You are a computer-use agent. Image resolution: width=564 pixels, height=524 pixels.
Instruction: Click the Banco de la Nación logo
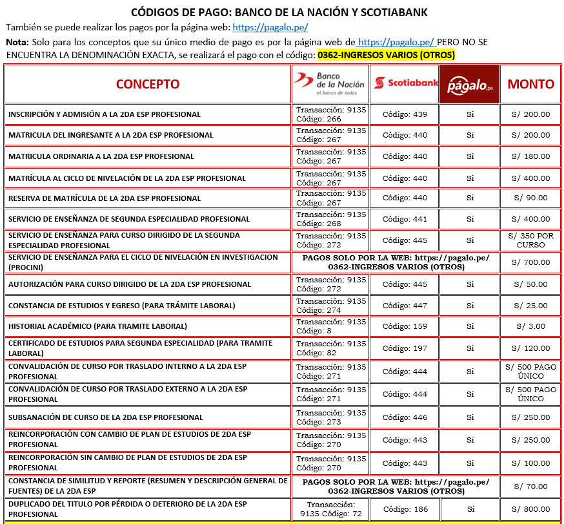coord(330,83)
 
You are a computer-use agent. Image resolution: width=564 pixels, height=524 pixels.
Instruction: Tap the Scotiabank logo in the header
coord(405,83)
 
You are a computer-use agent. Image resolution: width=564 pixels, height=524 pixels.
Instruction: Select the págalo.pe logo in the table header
coord(470,84)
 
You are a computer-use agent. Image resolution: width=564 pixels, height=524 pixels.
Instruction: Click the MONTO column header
coord(530,84)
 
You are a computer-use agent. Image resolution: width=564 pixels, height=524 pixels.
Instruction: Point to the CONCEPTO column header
coord(148,84)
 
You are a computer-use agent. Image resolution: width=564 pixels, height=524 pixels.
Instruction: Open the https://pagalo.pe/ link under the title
coord(270,27)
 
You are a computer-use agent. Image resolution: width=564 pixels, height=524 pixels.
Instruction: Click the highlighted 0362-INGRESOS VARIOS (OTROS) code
coord(386,55)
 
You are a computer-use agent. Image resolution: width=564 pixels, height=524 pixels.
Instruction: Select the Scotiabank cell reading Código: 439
coord(405,114)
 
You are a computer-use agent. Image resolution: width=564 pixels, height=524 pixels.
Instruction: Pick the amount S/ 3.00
coord(530,326)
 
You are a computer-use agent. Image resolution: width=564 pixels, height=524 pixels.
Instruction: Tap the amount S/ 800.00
coord(530,509)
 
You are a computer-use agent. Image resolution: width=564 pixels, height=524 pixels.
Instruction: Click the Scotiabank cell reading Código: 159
coord(405,326)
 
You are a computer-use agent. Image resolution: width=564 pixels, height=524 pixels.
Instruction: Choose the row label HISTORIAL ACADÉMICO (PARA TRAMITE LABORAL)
coord(97,326)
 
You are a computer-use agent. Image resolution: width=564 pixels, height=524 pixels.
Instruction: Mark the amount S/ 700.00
coord(530,262)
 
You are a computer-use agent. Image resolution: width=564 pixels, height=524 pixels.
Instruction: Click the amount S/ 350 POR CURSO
coord(530,240)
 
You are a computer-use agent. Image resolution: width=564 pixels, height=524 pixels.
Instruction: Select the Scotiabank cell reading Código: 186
coord(405,509)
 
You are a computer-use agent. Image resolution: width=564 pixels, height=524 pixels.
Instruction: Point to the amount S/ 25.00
coord(530,306)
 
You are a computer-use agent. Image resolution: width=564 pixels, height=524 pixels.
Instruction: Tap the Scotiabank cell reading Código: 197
coord(405,348)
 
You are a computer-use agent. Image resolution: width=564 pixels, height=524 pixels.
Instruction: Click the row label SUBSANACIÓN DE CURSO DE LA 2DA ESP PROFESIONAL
coord(105,417)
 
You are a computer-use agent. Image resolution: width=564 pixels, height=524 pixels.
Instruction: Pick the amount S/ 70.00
coord(530,487)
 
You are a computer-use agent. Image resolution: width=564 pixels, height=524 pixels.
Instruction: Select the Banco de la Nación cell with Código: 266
coord(330,114)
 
